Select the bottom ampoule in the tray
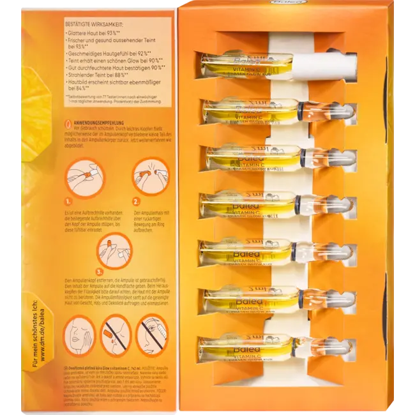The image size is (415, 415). pyautogui.click(x=275, y=347)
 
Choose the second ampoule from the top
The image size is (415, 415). pyautogui.click(x=275, y=111)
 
